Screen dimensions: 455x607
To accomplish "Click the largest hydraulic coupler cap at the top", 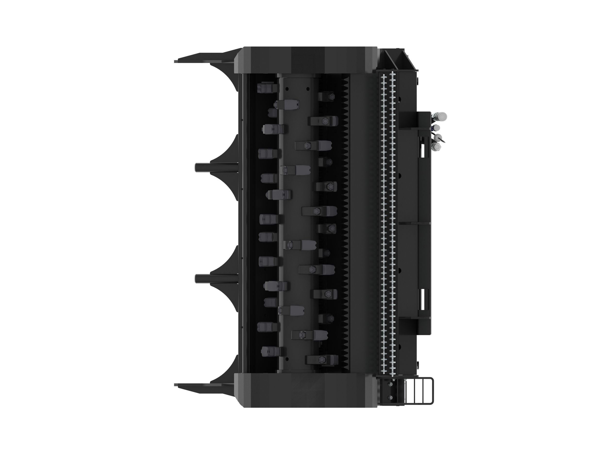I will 442,116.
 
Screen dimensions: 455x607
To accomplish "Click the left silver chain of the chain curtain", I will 383,223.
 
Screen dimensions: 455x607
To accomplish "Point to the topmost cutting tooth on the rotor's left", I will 267,88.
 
